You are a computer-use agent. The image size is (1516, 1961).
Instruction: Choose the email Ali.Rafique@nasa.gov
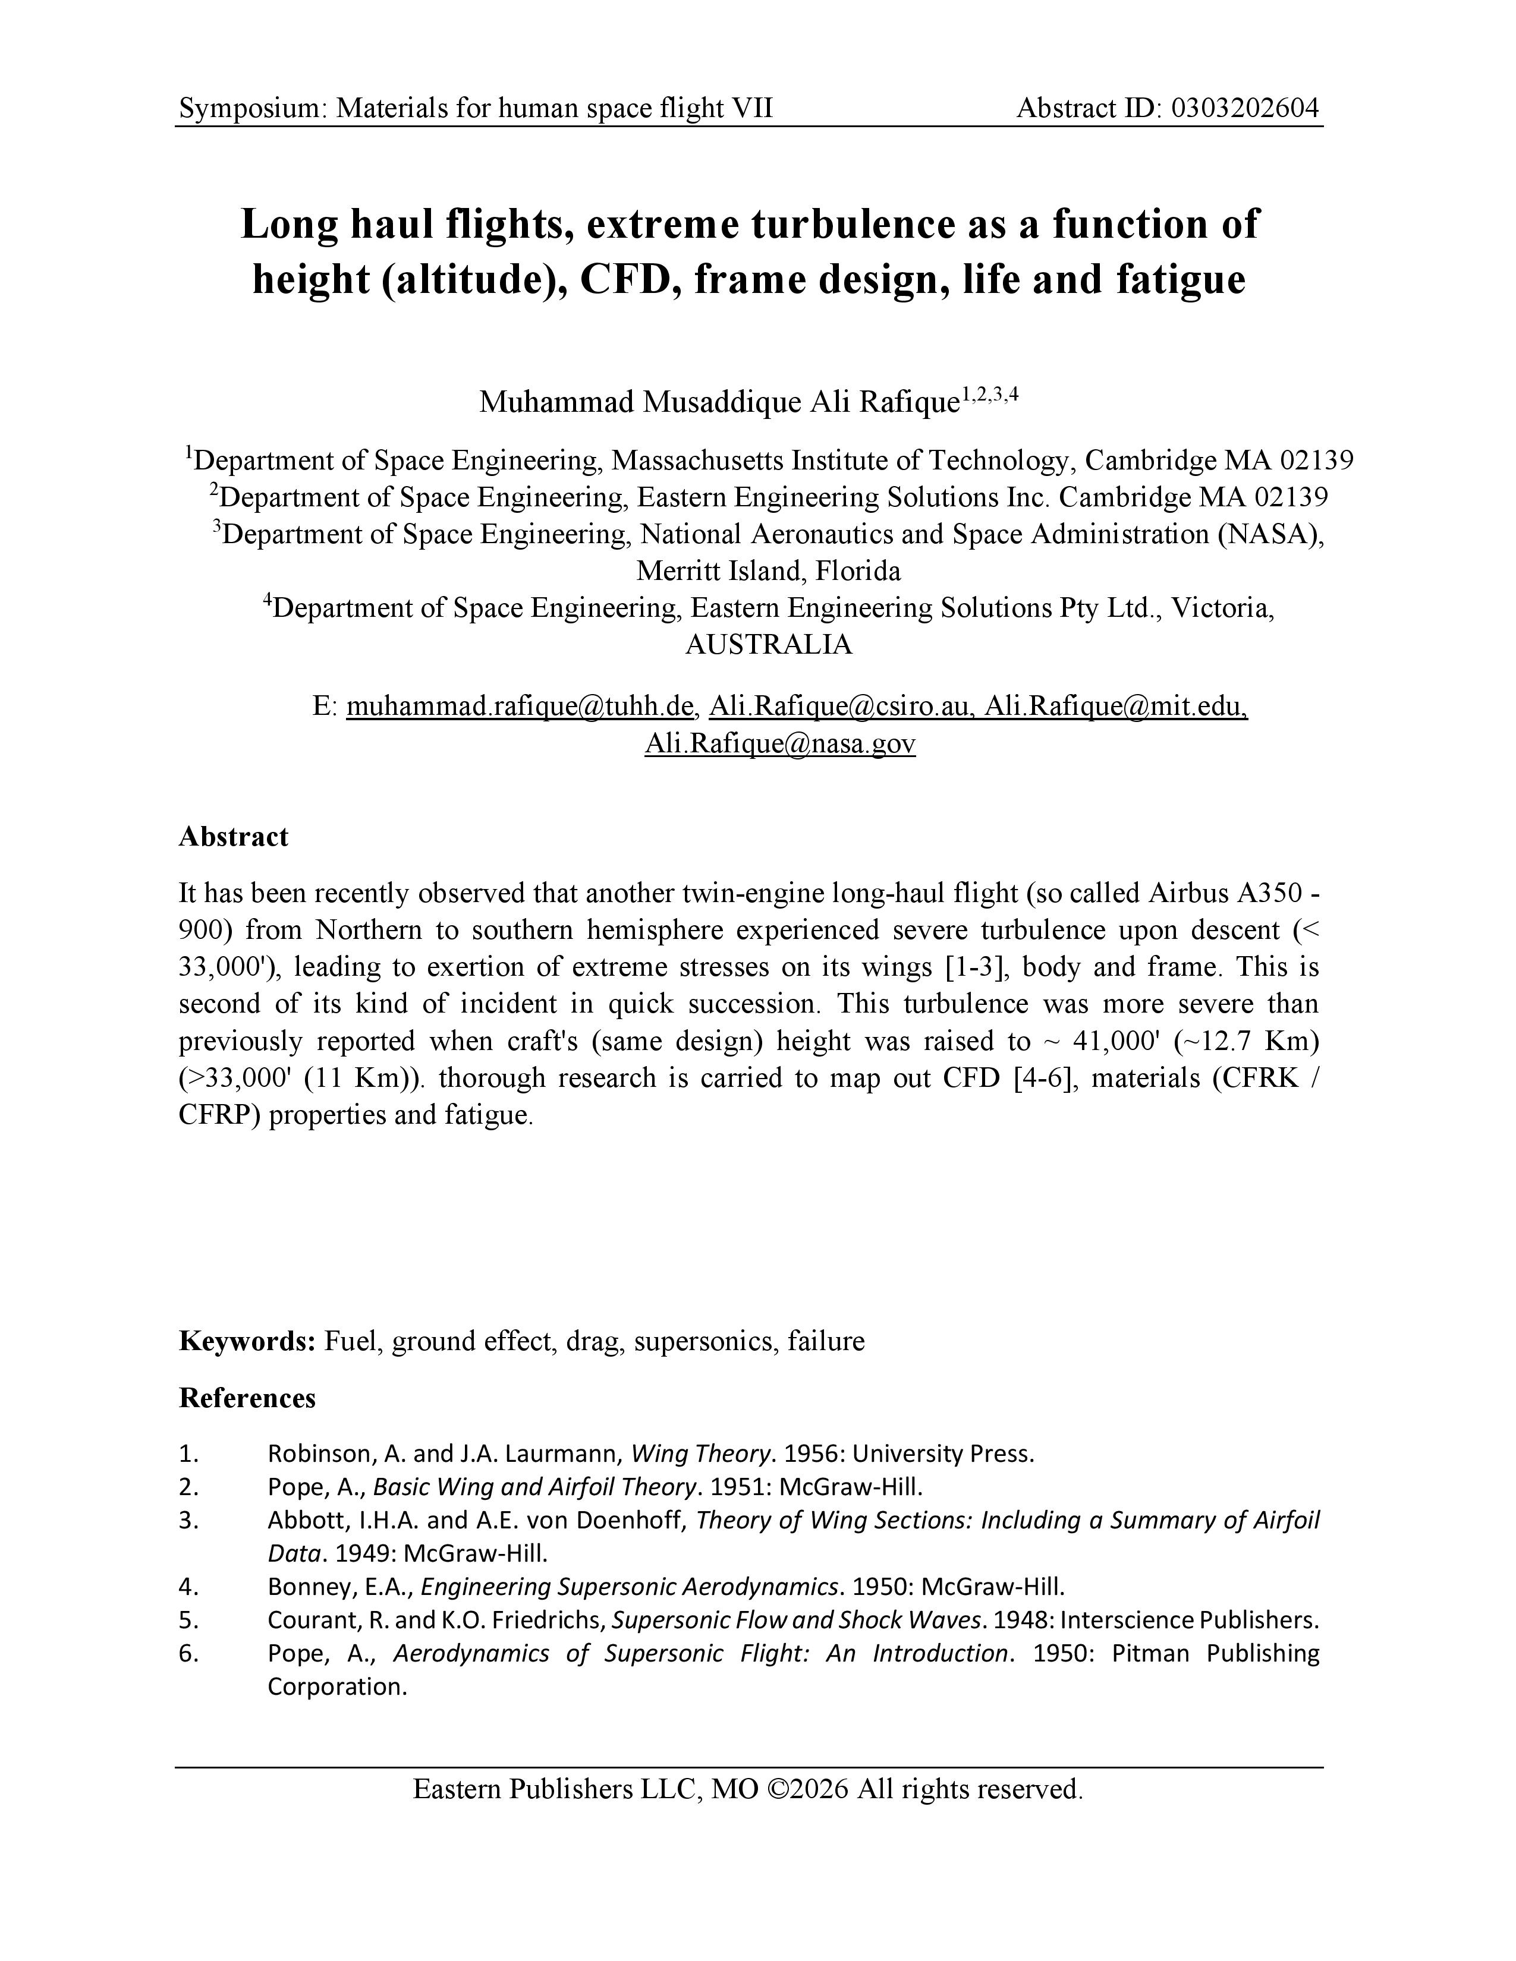pos(779,743)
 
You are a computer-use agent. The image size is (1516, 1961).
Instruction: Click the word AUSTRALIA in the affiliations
pos(769,645)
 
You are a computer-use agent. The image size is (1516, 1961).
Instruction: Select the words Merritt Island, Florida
pos(769,571)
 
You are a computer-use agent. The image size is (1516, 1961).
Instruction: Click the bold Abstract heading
pos(234,837)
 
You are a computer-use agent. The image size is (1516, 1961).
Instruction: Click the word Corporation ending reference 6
pos(336,1686)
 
